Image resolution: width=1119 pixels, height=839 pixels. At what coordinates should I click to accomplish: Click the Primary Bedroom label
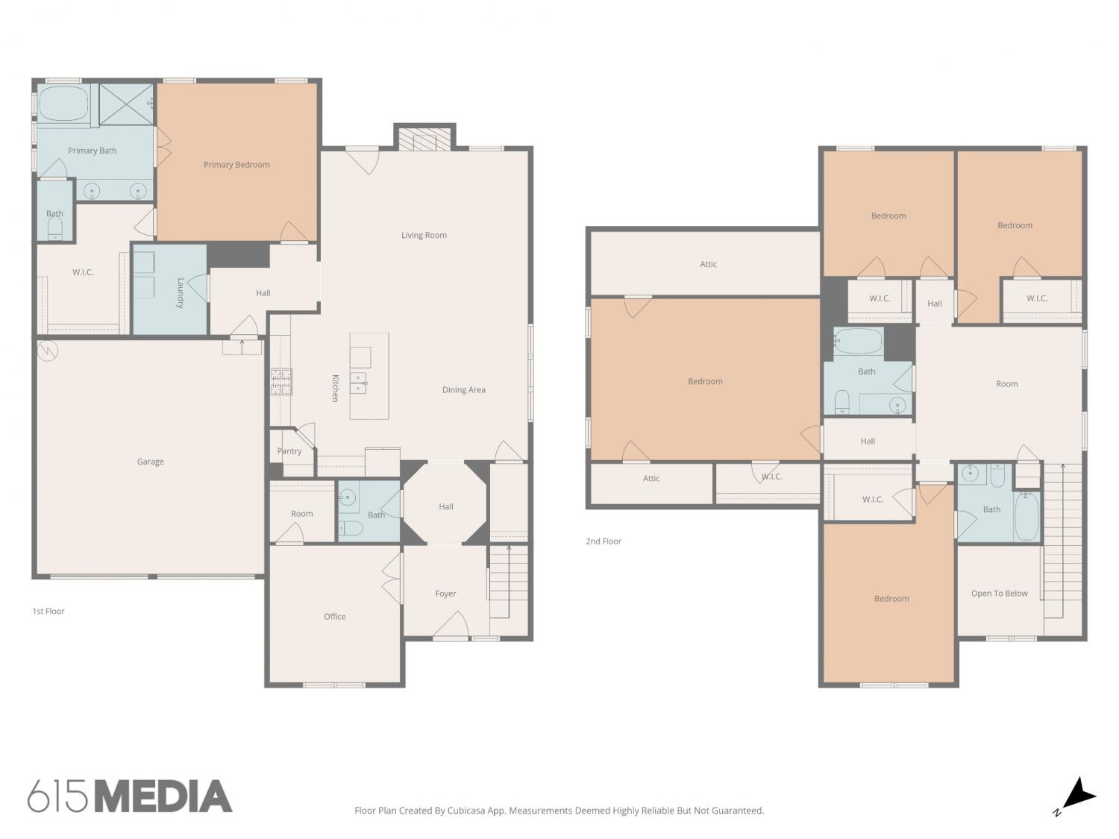coord(236,165)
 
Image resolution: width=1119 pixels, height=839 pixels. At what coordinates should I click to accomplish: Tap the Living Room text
coord(424,235)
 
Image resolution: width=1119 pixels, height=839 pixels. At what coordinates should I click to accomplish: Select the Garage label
coord(151,462)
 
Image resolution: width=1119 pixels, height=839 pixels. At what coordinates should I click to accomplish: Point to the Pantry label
coord(289,451)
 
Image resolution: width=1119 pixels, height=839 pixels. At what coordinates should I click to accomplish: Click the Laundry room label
coord(180,293)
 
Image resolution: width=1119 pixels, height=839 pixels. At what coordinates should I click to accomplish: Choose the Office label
coord(334,617)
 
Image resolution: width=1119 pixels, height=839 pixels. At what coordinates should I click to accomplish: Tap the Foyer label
coord(445,594)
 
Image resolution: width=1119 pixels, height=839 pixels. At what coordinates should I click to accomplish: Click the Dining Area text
coord(463,390)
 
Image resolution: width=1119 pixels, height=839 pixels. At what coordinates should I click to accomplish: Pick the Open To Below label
coord(999,593)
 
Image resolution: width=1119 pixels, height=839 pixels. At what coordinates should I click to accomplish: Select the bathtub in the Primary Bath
coord(63,104)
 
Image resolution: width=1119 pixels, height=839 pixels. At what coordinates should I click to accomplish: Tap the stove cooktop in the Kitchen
coord(281,382)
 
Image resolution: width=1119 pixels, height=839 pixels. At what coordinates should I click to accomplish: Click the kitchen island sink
coord(359,383)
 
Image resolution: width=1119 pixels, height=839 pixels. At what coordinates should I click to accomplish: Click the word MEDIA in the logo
coord(164,796)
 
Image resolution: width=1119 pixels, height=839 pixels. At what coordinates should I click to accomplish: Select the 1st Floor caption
coord(48,612)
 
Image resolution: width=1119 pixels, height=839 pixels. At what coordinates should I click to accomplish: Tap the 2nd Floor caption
coord(603,541)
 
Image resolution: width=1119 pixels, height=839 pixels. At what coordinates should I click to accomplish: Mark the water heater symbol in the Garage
coord(48,351)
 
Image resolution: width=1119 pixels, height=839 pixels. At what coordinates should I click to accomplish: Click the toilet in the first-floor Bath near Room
coord(350,528)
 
